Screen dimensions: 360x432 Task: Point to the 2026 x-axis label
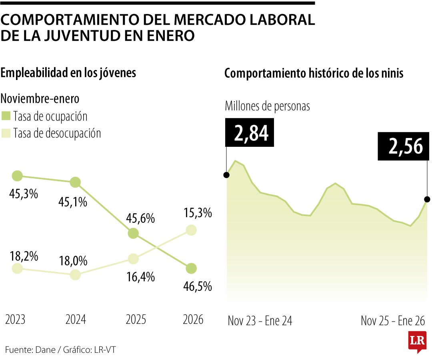193,320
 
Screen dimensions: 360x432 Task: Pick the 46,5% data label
198,286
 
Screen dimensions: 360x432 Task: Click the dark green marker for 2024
75,182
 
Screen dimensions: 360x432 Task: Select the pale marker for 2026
191,230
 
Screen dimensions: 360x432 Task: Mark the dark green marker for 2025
133,234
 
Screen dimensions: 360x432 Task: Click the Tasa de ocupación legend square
6,117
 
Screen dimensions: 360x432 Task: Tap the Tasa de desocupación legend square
6,133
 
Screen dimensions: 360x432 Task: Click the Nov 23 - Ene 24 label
260,321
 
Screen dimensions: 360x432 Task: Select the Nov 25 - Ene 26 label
393,321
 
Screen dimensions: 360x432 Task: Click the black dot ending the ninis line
427,199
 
